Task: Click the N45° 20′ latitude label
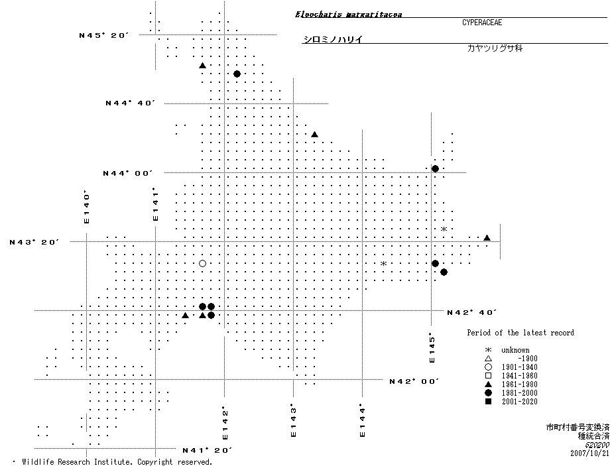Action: (104, 35)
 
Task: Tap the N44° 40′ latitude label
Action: (131, 103)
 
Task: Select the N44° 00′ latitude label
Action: (128, 173)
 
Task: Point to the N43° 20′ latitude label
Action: (34, 242)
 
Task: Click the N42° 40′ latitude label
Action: (472, 312)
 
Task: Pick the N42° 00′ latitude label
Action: (414, 381)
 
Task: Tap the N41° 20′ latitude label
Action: (208, 451)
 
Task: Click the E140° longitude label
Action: (86, 207)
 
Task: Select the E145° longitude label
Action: (432, 347)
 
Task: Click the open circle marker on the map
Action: (202, 264)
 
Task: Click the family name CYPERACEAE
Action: (482, 23)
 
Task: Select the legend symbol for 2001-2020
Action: (488, 402)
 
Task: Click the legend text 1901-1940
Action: (519, 367)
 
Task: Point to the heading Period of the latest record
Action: (520, 333)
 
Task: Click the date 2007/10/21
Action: (589, 454)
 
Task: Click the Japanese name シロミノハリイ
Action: (332, 39)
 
